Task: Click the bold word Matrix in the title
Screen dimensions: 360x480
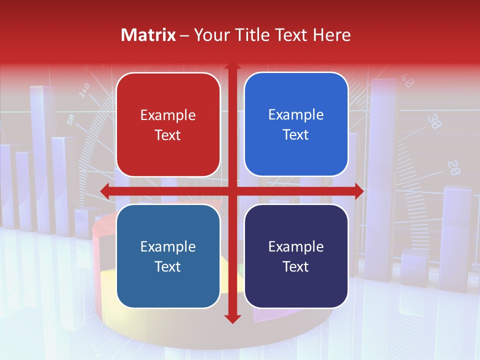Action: pos(148,35)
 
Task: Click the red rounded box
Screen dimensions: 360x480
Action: pos(168,124)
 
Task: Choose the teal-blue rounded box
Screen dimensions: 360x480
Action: pos(168,256)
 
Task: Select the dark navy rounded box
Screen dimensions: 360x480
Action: pos(296,256)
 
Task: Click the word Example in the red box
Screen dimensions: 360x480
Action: pos(168,115)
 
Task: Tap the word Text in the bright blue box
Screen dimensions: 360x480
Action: pos(296,134)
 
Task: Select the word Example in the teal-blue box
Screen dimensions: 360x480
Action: pos(168,247)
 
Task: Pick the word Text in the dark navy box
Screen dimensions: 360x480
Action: pos(296,266)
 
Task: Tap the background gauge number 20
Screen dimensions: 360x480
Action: pos(453,167)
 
